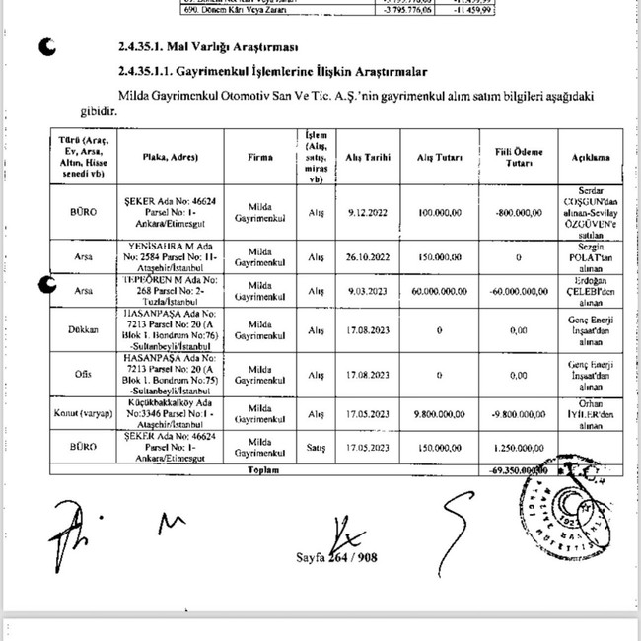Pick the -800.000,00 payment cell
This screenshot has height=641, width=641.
[519, 211]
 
